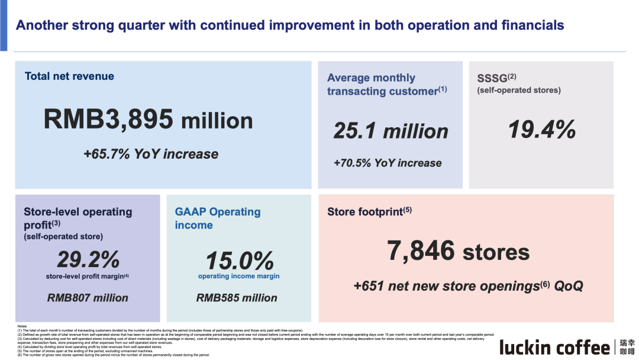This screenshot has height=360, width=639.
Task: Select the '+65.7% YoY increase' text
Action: click(x=151, y=154)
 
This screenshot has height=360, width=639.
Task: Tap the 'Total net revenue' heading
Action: click(x=69, y=76)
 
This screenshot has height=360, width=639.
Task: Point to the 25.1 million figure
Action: click(x=390, y=131)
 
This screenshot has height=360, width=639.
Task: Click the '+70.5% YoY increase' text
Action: click(x=388, y=163)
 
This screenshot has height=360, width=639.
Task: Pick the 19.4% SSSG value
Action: click(x=542, y=129)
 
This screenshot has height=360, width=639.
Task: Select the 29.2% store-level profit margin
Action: click(x=88, y=259)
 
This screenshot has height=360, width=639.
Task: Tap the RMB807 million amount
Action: click(x=88, y=298)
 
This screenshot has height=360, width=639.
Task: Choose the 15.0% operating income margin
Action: click(x=239, y=261)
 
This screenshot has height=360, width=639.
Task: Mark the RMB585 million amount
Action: click(x=237, y=298)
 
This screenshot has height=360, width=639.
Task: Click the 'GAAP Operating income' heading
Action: click(x=217, y=218)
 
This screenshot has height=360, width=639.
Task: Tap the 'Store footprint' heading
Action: click(x=364, y=212)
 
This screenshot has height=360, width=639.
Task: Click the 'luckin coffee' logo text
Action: click(x=554, y=347)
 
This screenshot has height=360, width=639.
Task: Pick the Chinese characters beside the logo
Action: click(x=627, y=347)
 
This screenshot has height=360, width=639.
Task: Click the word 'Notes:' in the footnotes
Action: click(x=22, y=326)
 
